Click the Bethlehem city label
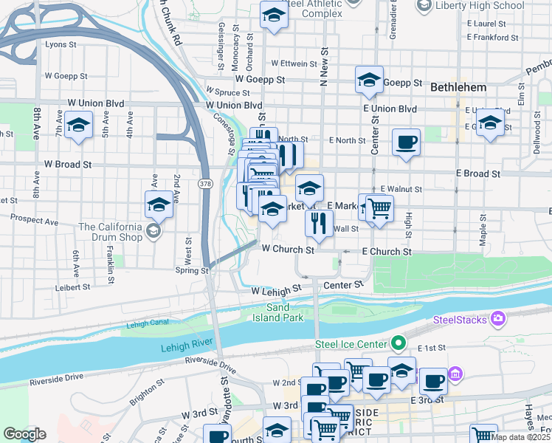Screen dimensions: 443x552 click(x=458, y=87)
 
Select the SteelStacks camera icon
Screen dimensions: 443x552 click(x=498, y=319)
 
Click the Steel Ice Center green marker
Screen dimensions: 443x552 click(x=399, y=343)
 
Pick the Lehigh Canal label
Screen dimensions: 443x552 click(x=148, y=323)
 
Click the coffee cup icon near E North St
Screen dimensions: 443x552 click(x=405, y=141)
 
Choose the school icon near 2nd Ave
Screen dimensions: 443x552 click(x=158, y=205)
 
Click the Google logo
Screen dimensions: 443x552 click(x=24, y=434)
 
